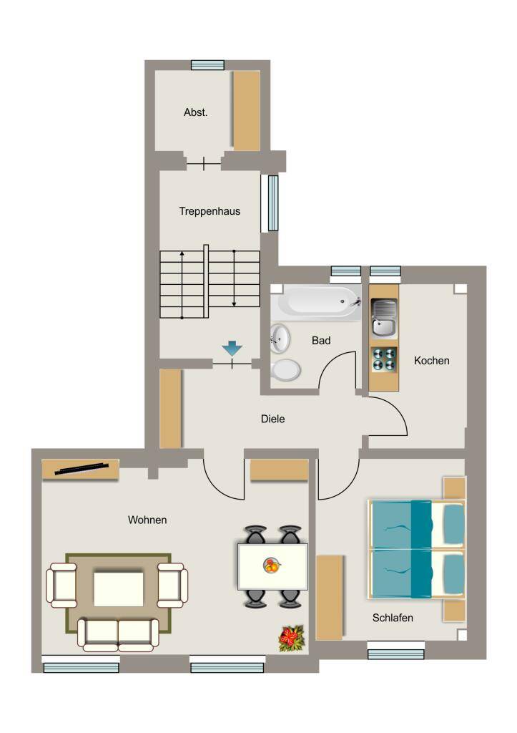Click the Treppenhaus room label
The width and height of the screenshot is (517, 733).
point(210,211)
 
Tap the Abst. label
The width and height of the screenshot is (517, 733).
point(196,112)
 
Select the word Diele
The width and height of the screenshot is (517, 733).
point(272,419)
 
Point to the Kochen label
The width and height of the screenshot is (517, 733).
point(431,361)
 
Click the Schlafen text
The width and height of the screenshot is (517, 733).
point(393,618)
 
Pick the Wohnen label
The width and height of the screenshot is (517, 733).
point(147,520)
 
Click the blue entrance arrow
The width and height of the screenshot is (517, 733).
point(232,349)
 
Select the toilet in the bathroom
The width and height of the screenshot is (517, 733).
point(285,370)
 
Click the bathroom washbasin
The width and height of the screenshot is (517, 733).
point(280,338)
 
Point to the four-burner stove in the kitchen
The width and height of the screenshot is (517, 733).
point(385,360)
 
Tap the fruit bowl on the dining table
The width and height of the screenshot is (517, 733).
point(272,565)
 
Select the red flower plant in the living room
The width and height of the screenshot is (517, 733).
point(292,639)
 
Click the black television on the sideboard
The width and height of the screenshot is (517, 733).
point(82,469)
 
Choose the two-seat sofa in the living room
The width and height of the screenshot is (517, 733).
point(119,634)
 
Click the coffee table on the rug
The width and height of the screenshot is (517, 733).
point(119,588)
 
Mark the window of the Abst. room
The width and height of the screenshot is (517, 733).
point(208,65)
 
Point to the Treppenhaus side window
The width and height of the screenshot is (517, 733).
point(272,203)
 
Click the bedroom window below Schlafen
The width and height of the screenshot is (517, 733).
point(395,651)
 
